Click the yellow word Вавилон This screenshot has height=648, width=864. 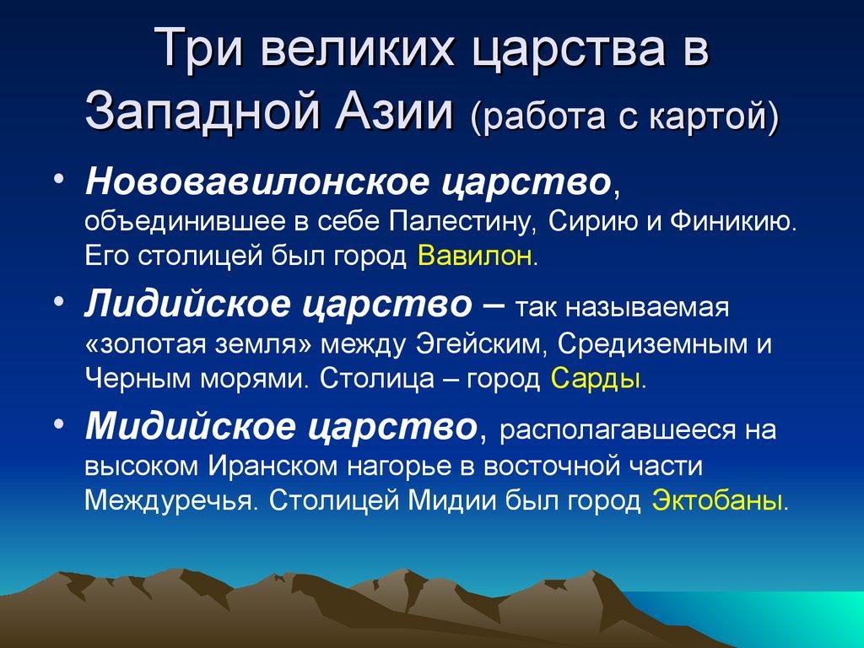tap(476, 256)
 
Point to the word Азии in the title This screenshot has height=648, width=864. tap(391, 112)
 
